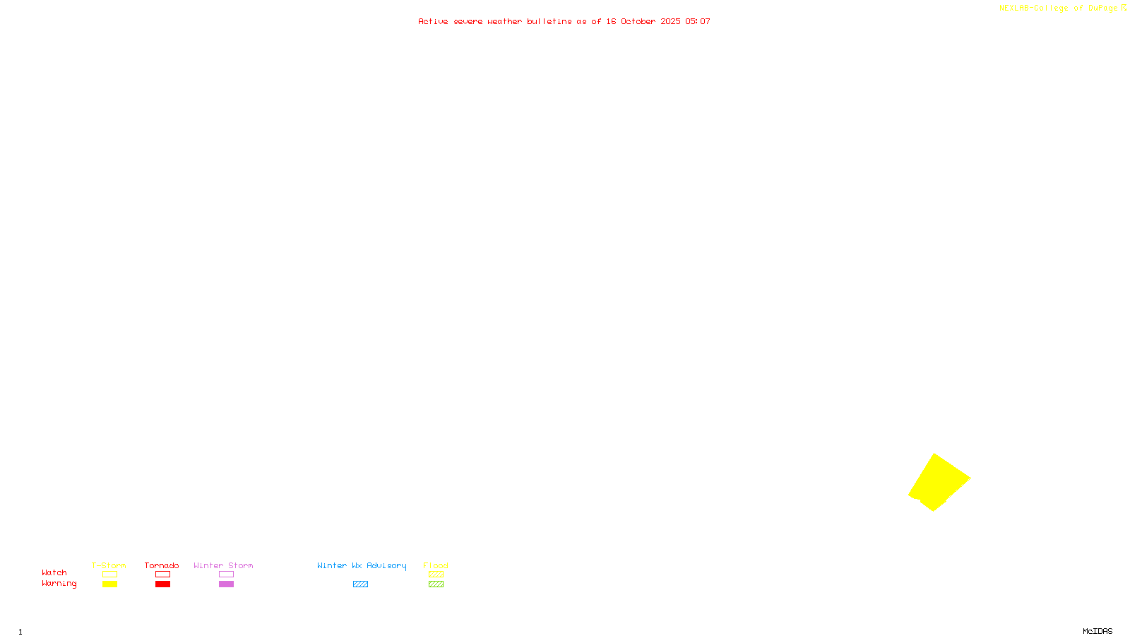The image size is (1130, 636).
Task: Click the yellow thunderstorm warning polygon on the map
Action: pyautogui.click(x=939, y=482)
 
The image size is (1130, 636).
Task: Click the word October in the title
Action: pyautogui.click(x=638, y=21)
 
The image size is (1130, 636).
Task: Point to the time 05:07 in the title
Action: pyautogui.click(x=698, y=21)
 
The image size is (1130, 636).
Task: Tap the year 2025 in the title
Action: pyautogui.click(x=671, y=21)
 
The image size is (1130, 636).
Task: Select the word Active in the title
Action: pyautogui.click(x=433, y=21)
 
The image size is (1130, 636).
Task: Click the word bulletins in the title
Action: pyautogui.click(x=549, y=21)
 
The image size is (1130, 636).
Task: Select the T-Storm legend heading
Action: pyautogui.click(x=109, y=565)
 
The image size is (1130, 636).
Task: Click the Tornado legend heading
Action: pyautogui.click(x=162, y=565)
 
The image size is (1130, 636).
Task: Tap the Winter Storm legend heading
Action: pyautogui.click(x=223, y=565)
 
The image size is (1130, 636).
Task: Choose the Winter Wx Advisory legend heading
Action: pyautogui.click(x=362, y=565)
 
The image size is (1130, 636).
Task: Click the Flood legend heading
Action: pyautogui.click(x=436, y=565)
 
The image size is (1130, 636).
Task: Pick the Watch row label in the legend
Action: pyautogui.click(x=54, y=572)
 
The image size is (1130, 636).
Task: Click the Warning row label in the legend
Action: pyautogui.click(x=59, y=584)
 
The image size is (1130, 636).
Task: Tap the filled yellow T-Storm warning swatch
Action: pyautogui.click(x=109, y=584)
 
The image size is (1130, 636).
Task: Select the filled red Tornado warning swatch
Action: pyautogui.click(x=163, y=584)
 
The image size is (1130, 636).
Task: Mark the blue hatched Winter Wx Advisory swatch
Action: pyautogui.click(x=360, y=584)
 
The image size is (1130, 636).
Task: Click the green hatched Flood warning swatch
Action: pyautogui.click(x=436, y=584)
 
